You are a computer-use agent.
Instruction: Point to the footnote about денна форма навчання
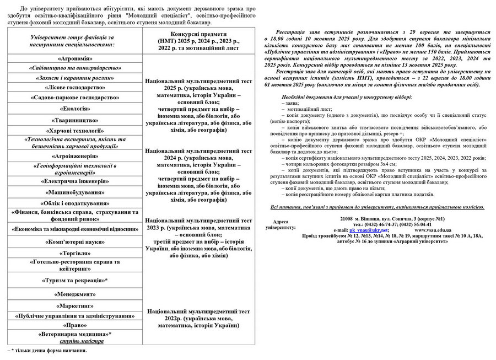click(x=46, y=350)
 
